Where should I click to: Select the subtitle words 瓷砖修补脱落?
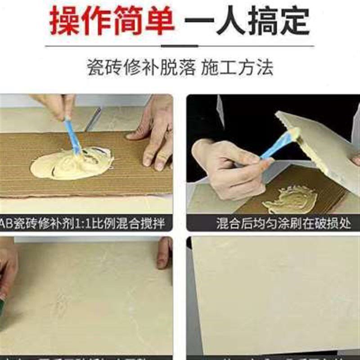coord(141,68)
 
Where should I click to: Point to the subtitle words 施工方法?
coord(237,68)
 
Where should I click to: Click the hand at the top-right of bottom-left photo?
coord(165,252)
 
